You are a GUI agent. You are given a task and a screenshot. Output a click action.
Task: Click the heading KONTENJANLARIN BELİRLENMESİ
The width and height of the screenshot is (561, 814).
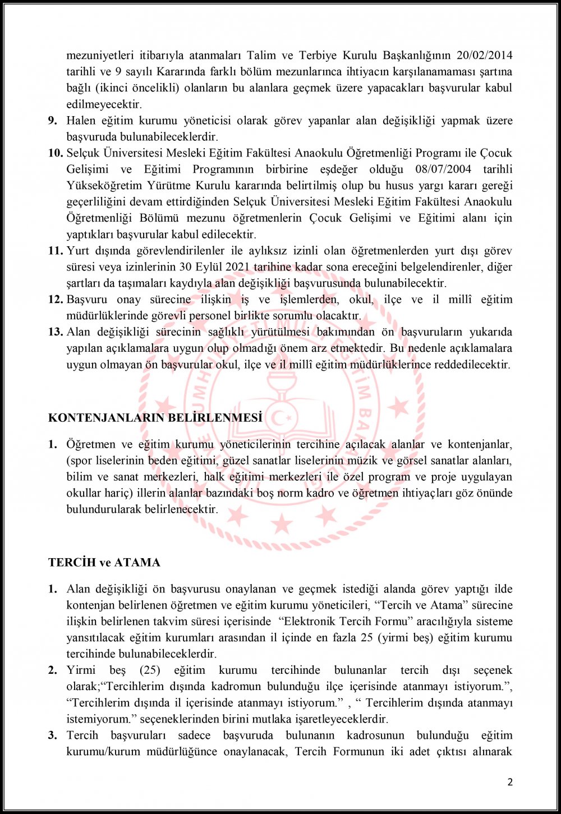155,417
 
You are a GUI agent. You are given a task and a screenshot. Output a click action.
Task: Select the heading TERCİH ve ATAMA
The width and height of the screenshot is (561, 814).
104,562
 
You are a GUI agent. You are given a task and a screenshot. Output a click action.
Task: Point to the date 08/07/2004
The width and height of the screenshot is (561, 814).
444,169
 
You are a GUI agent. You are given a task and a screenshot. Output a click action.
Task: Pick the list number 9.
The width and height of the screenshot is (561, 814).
52,120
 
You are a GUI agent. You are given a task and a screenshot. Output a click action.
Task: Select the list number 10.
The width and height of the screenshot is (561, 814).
55,153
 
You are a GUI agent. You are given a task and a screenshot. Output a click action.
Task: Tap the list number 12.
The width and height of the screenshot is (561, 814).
55,299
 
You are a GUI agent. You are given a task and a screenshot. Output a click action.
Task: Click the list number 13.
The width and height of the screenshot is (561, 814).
55,332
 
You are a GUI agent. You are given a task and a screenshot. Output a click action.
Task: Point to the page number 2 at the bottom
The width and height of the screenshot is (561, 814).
510,782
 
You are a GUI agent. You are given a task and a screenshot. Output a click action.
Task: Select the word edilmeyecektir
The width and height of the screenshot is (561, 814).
104,104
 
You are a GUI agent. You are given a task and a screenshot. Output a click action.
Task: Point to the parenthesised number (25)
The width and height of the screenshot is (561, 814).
150,670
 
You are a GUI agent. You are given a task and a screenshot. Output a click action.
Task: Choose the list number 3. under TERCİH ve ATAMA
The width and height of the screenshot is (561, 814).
52,735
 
